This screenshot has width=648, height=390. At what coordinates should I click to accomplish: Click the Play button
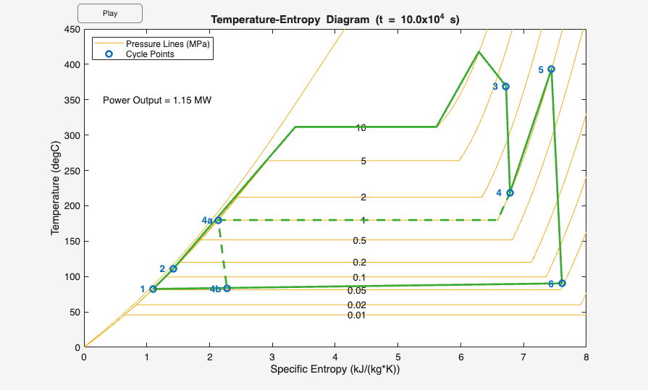point(109,13)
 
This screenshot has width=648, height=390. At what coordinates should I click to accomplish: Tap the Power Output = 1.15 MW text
point(156,100)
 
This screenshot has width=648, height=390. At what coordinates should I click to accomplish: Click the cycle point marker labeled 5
point(552,69)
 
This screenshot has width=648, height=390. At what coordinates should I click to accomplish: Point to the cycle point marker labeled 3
point(506,86)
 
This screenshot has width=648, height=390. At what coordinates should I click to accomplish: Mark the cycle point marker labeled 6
point(562,283)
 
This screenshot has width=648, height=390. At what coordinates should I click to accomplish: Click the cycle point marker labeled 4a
point(219,220)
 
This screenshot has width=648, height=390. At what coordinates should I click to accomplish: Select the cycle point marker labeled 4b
point(227,288)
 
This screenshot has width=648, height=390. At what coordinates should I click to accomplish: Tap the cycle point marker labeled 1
point(153,289)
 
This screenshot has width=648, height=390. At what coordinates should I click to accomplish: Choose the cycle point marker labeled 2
point(173,268)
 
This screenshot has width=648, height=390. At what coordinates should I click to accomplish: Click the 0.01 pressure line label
point(356,315)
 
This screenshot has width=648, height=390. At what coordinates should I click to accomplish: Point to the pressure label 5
point(363,161)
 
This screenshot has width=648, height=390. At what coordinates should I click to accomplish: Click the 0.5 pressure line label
point(359,241)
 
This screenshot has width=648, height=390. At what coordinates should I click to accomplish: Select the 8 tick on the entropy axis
point(586,357)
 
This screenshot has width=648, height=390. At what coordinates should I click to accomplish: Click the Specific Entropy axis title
point(334,370)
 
